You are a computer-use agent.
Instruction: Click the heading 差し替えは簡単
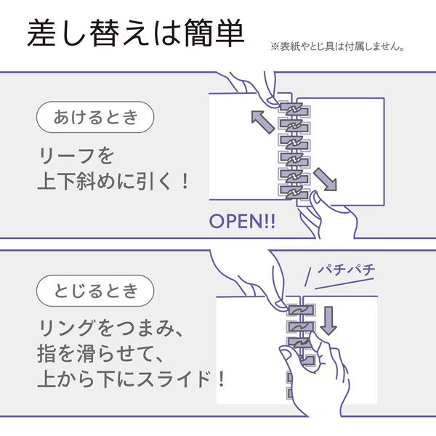click(x=136, y=33)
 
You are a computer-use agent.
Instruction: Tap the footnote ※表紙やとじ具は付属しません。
click(x=338, y=47)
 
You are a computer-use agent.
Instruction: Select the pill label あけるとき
click(x=95, y=117)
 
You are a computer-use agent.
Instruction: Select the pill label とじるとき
click(x=95, y=291)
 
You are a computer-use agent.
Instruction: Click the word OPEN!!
click(x=242, y=222)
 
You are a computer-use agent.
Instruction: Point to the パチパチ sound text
click(x=346, y=270)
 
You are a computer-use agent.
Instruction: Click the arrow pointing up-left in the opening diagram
click(x=263, y=122)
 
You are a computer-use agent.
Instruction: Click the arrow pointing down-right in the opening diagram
click(x=325, y=179)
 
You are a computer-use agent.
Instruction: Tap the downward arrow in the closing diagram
click(x=328, y=320)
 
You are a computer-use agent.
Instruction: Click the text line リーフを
click(x=76, y=156)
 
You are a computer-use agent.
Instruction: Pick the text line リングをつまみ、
click(x=110, y=328)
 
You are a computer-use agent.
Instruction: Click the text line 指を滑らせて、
click(x=100, y=354)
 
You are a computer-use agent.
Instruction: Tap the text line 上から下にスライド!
click(x=131, y=379)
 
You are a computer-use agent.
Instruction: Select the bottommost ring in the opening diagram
click(x=294, y=193)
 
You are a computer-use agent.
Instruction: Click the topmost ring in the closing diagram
click(x=301, y=310)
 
